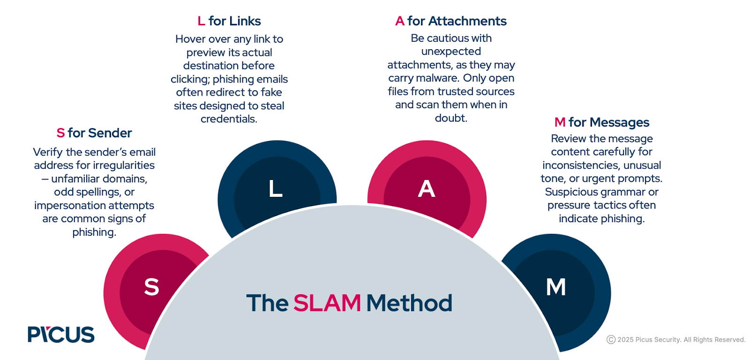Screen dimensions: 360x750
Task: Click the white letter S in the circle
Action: [x=151, y=287]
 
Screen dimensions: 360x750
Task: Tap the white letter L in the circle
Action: [x=275, y=189]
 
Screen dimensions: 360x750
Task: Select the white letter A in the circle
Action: [x=427, y=189]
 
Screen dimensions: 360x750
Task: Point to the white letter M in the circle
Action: [x=556, y=287]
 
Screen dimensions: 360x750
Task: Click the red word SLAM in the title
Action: [x=327, y=303]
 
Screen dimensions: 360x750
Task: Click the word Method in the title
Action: [x=409, y=303]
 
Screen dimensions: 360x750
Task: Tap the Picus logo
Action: [x=61, y=334]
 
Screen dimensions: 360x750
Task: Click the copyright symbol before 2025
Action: [x=611, y=339]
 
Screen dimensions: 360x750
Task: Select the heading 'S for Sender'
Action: [x=94, y=133]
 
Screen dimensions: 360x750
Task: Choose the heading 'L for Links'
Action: [x=229, y=21]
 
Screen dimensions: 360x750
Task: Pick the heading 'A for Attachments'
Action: [x=451, y=21]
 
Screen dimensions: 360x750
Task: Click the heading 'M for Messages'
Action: [x=602, y=122]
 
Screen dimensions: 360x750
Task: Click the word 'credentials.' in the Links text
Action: [x=229, y=119]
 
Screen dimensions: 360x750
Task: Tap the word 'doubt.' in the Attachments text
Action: [x=451, y=118]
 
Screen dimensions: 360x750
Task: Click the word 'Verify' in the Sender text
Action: [x=48, y=152]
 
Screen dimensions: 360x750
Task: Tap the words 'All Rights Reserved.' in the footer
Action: [x=714, y=339]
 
